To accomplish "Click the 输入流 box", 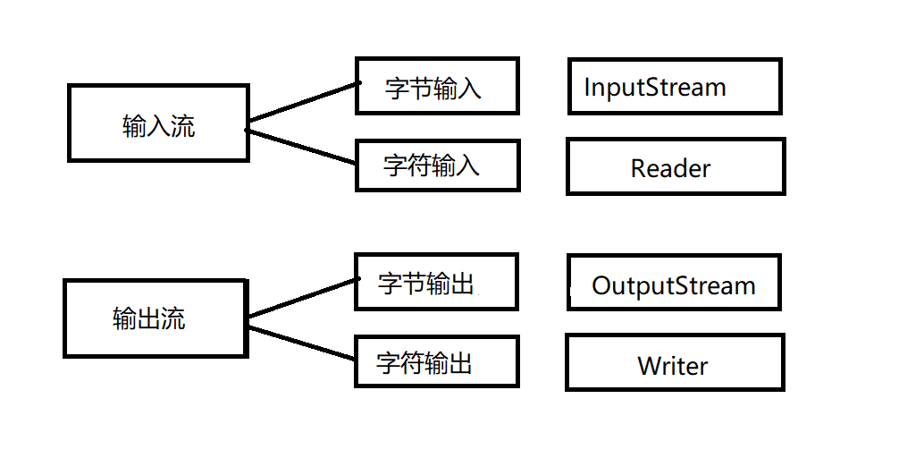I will coord(158,123).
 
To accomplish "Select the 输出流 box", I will coord(155,318).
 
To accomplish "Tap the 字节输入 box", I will coord(437,86).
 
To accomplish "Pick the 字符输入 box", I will coord(437,165).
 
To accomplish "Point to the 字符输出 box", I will coord(436,361).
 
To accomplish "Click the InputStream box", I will coord(675,86).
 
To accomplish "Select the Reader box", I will coord(676,166).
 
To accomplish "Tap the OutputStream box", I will coord(674,282).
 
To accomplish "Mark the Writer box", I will coord(675,362).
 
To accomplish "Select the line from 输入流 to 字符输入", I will coord(302,148).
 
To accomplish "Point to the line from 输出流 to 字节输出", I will coord(302,297).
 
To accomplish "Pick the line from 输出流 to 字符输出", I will coord(302,343).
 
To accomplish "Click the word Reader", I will coord(670,168).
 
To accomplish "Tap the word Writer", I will coord(672,366).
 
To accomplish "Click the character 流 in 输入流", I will coord(183,126).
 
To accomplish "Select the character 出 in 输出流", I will coord(149,318).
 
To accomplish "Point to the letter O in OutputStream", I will coord(602,286).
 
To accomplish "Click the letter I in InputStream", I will coord(587,88).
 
